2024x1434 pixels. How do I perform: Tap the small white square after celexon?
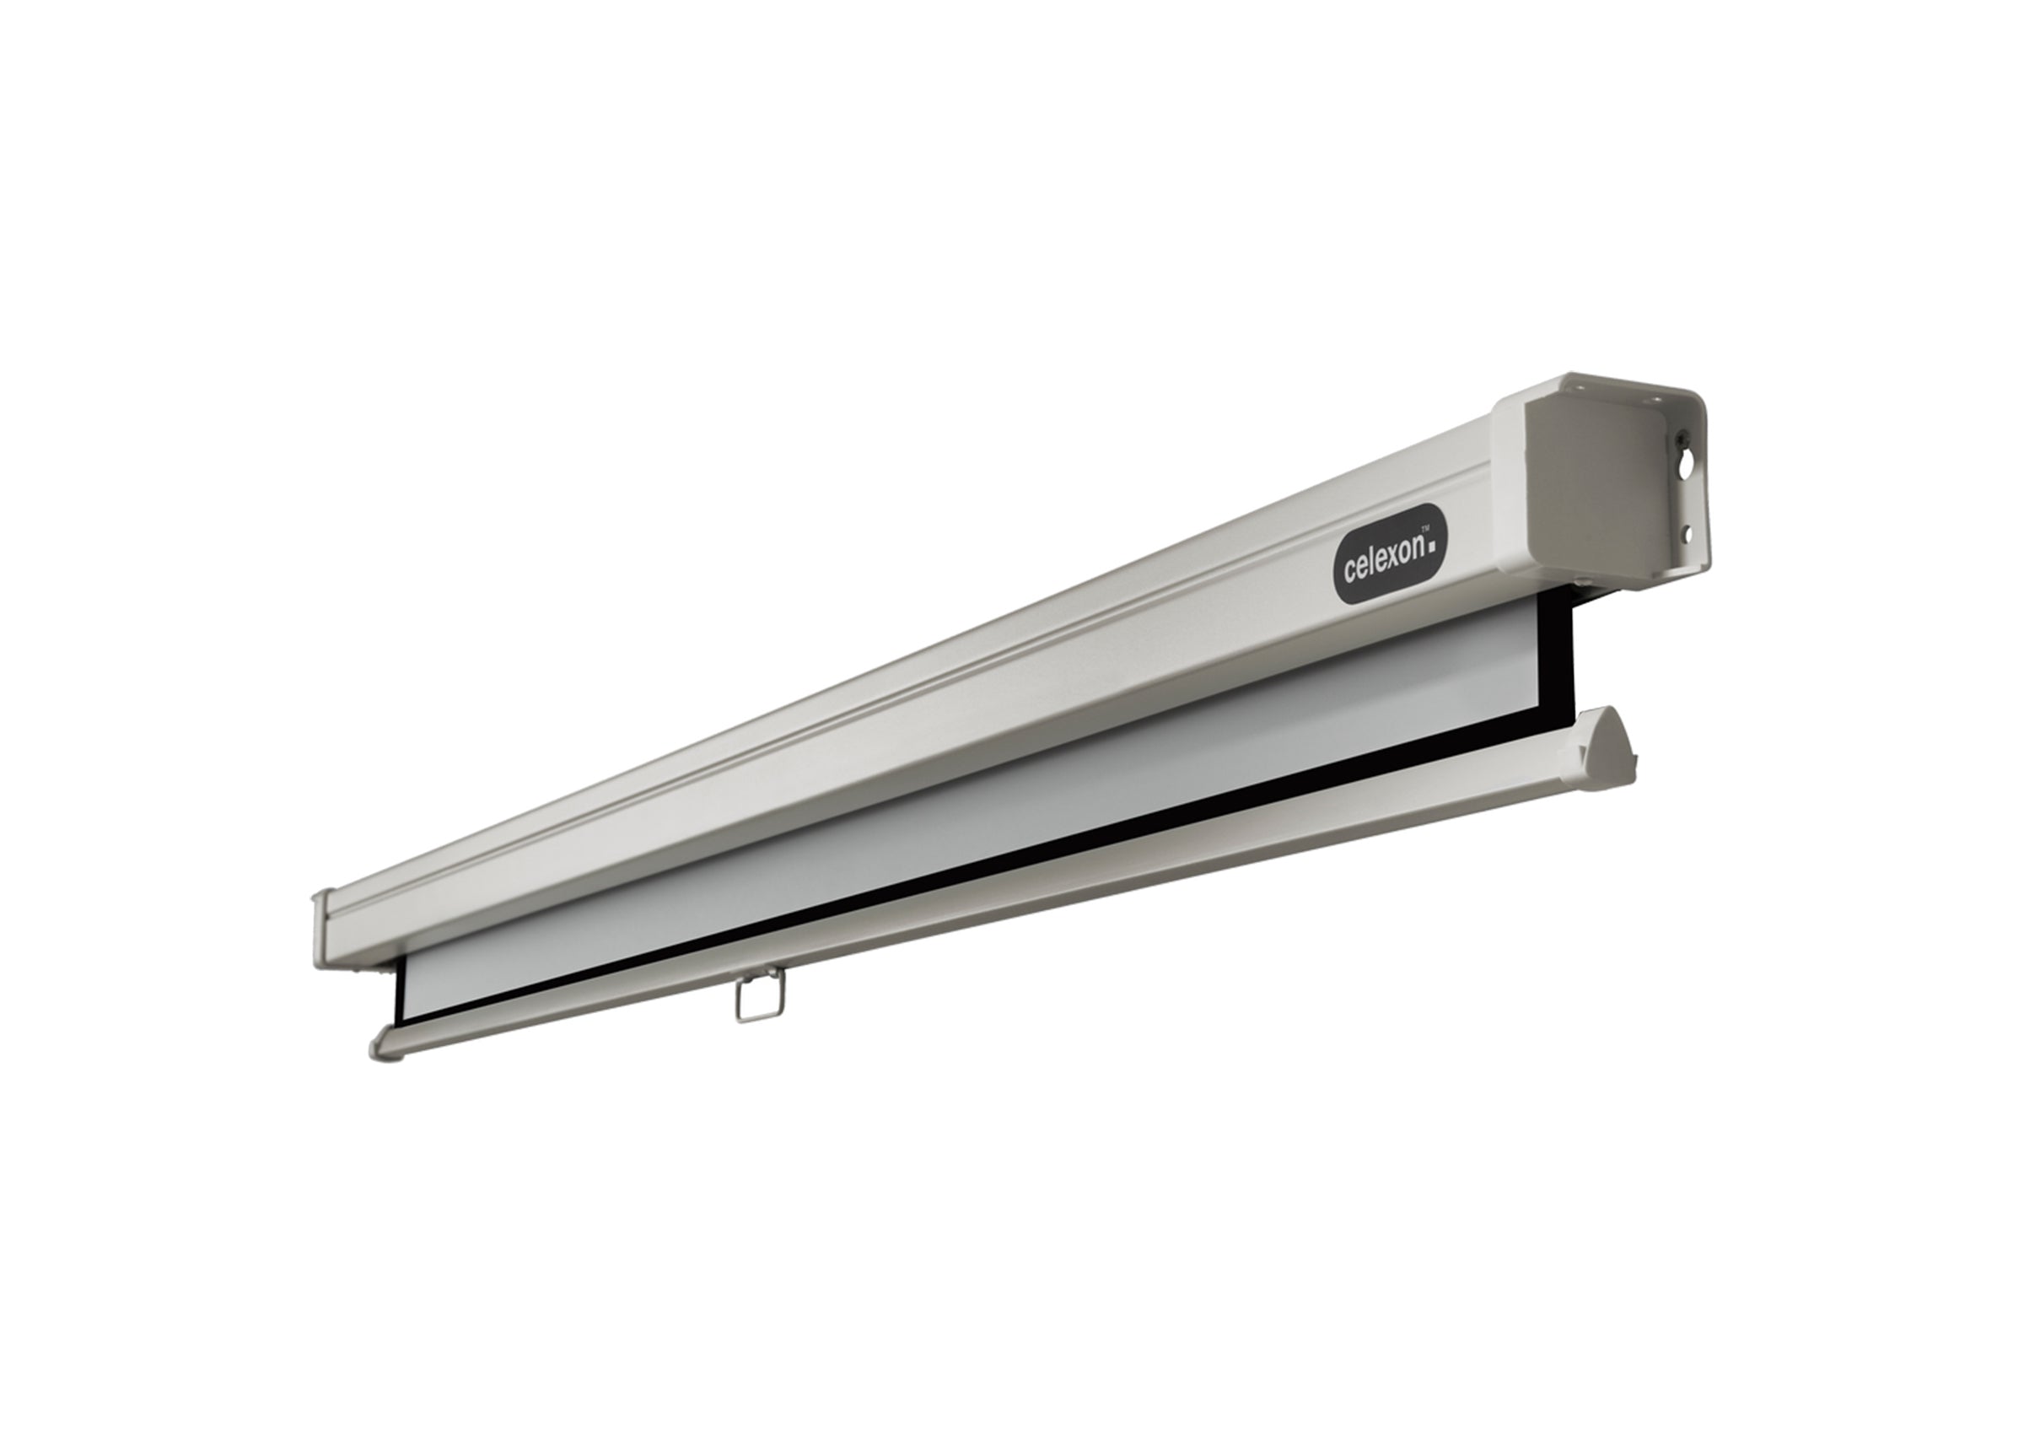pyautogui.click(x=1432, y=547)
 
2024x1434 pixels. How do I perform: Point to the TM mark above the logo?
pyautogui.click(x=1435, y=524)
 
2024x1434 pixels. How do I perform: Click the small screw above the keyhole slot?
pyautogui.click(x=1683, y=435)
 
